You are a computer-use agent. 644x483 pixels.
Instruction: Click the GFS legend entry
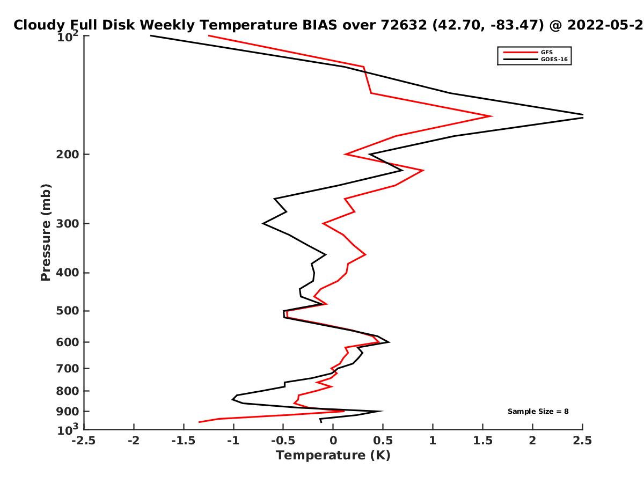click(x=528, y=52)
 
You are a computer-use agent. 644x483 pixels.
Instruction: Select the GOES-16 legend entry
click(x=535, y=59)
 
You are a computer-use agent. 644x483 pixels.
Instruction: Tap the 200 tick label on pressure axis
click(x=68, y=154)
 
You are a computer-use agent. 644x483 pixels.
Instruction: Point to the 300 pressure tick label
click(x=68, y=223)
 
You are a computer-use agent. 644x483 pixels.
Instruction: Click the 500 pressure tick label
click(x=68, y=311)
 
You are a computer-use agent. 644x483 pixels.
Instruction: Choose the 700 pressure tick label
click(x=68, y=368)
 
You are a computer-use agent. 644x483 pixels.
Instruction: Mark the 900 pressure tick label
click(x=68, y=412)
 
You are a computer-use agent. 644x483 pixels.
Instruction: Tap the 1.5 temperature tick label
click(x=482, y=441)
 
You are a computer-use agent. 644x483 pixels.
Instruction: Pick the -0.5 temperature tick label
click(x=283, y=441)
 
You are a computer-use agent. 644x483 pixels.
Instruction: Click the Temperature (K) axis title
click(x=333, y=456)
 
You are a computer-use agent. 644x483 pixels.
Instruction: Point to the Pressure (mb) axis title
click(x=46, y=232)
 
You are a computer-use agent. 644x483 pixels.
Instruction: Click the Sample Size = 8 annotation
click(x=538, y=412)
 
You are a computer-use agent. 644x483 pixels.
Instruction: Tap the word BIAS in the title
click(x=319, y=25)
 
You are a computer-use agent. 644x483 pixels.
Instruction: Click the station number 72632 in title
click(x=404, y=25)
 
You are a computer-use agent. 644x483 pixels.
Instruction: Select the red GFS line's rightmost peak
click(x=492, y=116)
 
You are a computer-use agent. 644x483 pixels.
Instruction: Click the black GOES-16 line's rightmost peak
click(x=582, y=116)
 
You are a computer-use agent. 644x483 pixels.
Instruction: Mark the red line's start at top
click(x=209, y=35)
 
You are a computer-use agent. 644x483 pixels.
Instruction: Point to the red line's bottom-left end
click(x=199, y=422)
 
